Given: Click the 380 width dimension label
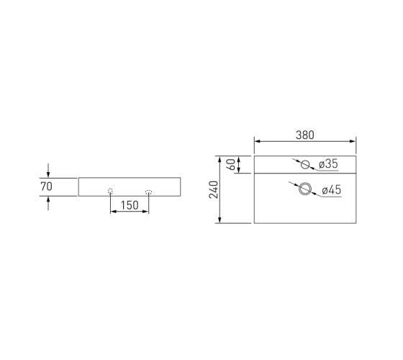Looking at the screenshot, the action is point(305,135).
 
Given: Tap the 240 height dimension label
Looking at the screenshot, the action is point(214,189).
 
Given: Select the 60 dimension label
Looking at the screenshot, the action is point(231,165).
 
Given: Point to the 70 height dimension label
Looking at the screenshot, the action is point(47,186).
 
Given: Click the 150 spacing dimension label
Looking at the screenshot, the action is point(130,205).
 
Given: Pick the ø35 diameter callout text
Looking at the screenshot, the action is point(328,164).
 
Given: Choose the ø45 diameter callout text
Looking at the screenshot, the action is point(332,190).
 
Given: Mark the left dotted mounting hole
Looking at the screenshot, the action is point(110,191).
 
